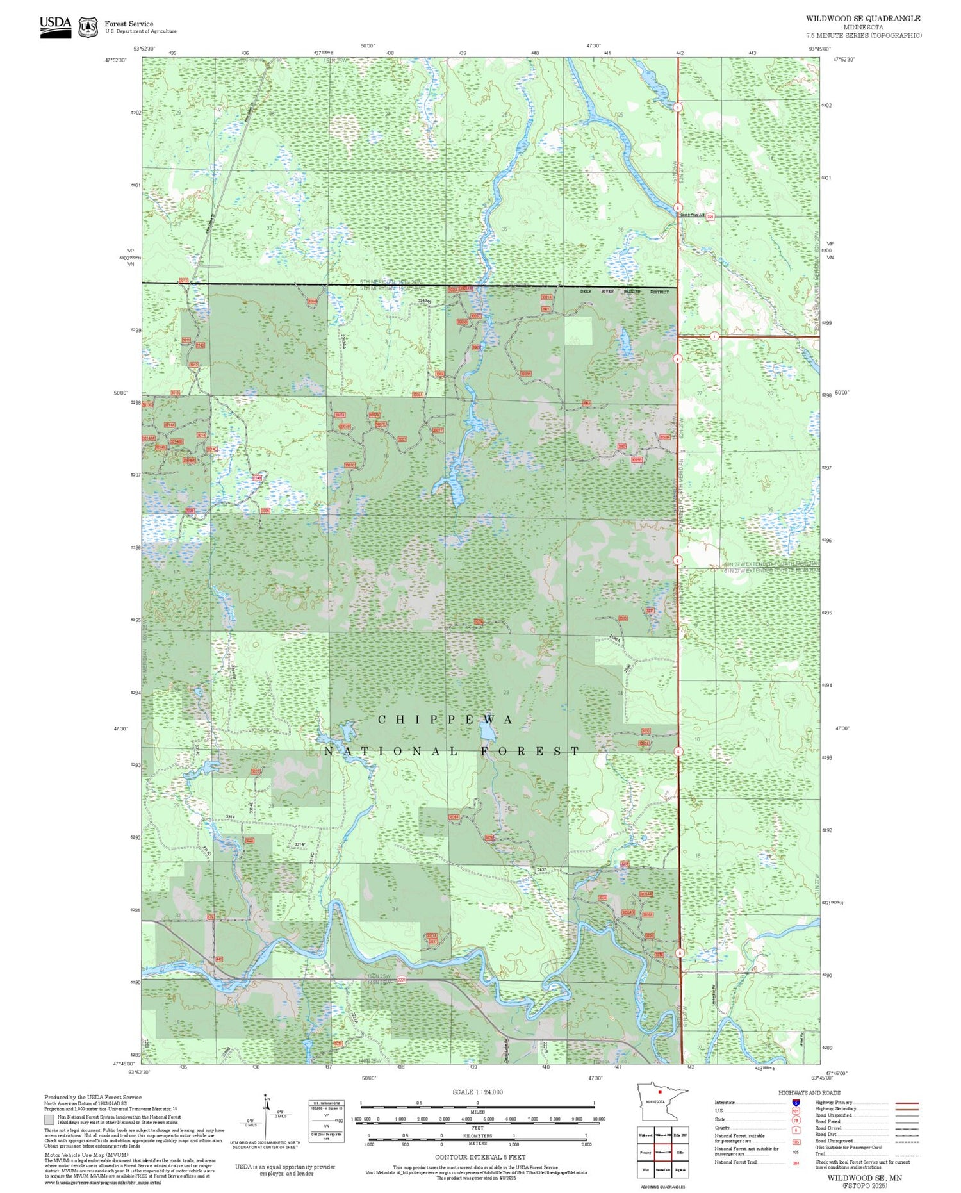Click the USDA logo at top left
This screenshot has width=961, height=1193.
pyautogui.click(x=55, y=27)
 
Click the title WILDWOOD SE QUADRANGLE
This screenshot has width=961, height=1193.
pyautogui.click(x=862, y=19)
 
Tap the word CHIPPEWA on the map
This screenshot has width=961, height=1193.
pyautogui.click(x=445, y=720)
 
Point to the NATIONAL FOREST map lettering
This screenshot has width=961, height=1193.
pyautogui.click(x=452, y=752)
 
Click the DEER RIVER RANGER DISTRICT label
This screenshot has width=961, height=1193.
pyautogui.click(x=624, y=292)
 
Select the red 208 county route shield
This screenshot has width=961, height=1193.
pyautogui.click(x=710, y=217)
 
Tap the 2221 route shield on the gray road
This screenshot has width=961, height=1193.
pyautogui.click(x=402, y=980)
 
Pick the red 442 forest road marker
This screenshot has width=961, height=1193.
pyautogui.click(x=219, y=959)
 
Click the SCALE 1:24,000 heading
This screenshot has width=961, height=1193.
pyautogui.click(x=477, y=1092)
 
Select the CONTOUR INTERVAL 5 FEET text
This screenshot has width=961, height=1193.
pyautogui.click(x=481, y=1157)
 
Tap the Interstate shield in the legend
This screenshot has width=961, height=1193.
pyautogui.click(x=796, y=1103)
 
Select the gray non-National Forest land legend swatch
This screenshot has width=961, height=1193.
pyautogui.click(x=49, y=1120)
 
